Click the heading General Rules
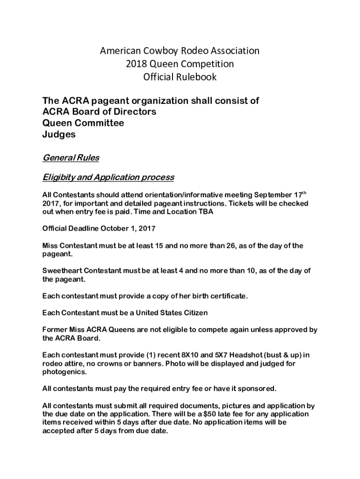[x=71, y=158]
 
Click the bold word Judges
[x=59, y=134]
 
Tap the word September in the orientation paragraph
[x=276, y=195]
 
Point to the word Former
[x=55, y=330]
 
